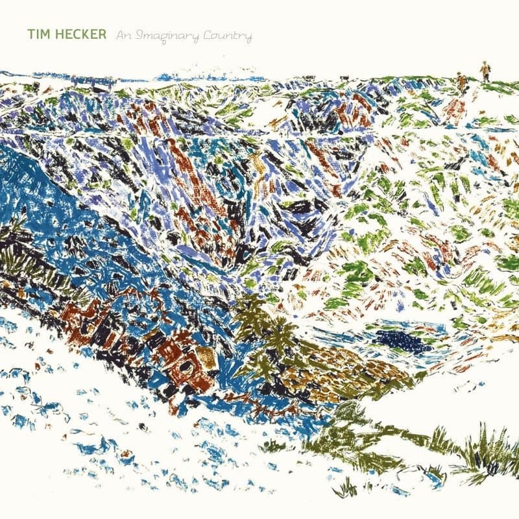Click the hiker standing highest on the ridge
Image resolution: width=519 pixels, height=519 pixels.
tap(484, 71)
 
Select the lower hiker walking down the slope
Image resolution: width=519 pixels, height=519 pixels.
tap(461, 81)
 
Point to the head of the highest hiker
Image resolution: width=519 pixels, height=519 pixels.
tap(484, 64)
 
